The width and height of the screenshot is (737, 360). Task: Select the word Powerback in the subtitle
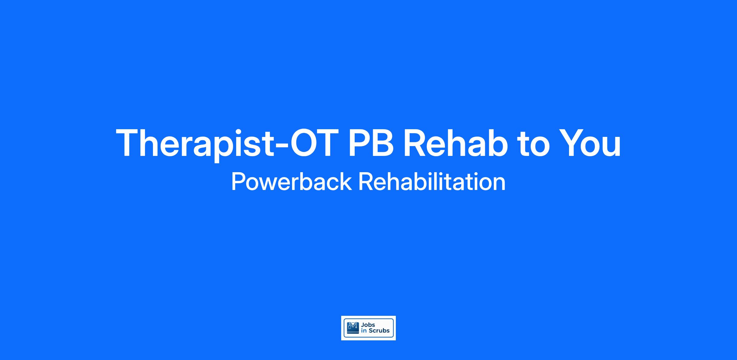pos(291,182)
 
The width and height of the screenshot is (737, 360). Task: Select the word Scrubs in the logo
pos(379,331)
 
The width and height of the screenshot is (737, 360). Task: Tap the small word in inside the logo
pos(364,331)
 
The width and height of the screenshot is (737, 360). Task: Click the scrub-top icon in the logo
pos(353,328)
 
